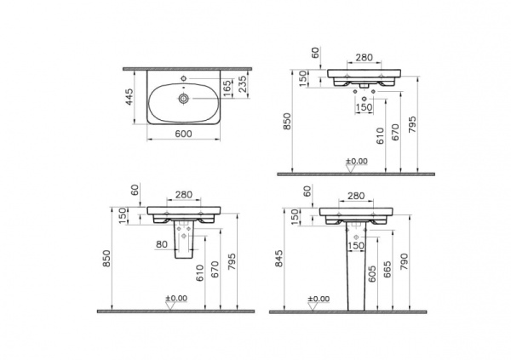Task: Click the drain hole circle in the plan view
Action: click(x=184, y=99)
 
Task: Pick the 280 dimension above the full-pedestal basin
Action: click(x=356, y=196)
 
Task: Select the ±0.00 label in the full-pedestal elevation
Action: click(x=318, y=299)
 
